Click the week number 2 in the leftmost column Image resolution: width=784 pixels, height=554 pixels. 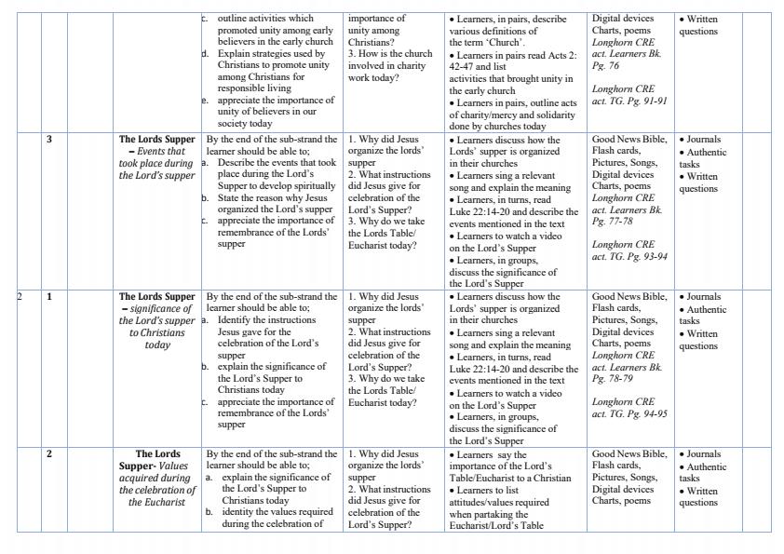point(20,297)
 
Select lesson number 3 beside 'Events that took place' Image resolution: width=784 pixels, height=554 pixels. point(49,141)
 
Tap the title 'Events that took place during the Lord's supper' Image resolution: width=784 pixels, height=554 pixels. point(157,157)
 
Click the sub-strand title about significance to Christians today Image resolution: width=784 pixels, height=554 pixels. point(157,320)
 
